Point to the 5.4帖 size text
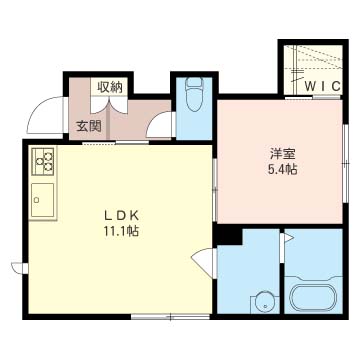click(282, 169)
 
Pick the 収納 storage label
click(109, 87)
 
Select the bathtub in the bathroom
click(313, 298)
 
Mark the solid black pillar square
click(230, 236)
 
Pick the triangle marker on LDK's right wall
click(207, 262)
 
